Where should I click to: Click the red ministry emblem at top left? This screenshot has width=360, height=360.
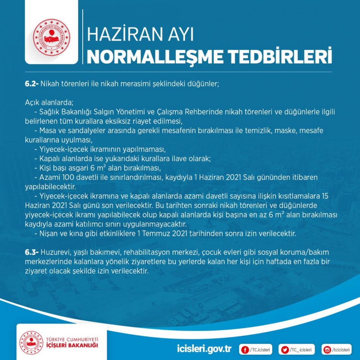(51, 38)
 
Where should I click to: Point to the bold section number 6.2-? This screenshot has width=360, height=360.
(32, 83)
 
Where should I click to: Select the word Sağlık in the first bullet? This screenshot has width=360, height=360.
(49, 112)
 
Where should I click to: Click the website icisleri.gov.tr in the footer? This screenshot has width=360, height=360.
(204, 348)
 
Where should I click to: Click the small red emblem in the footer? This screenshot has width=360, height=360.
(31, 343)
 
